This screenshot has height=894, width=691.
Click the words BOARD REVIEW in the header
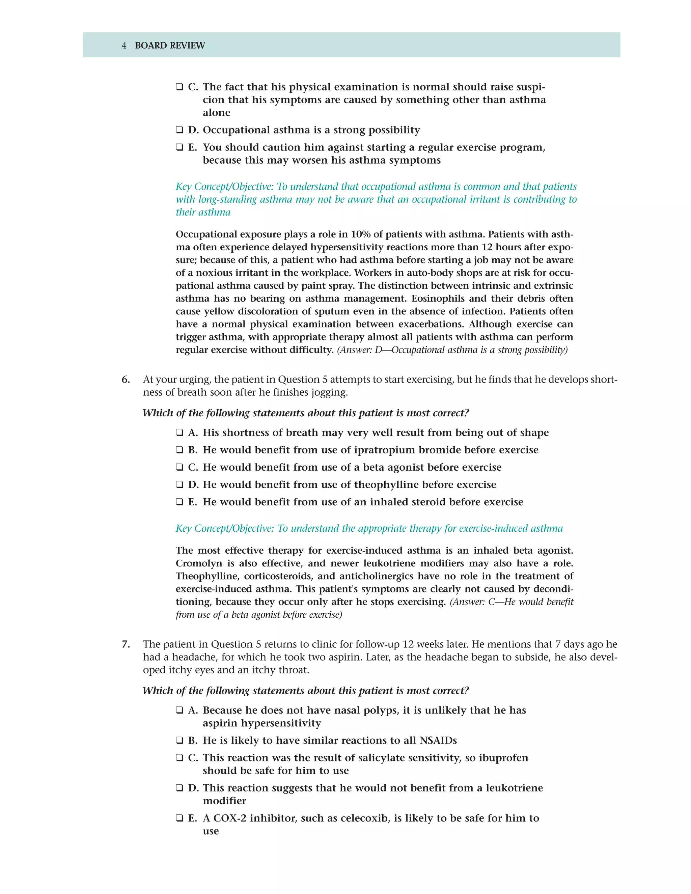tap(170, 46)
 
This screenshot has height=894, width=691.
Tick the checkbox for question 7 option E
tap(179, 818)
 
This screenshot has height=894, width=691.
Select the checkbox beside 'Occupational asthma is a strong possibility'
tap(179, 130)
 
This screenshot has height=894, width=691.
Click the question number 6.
tap(126, 380)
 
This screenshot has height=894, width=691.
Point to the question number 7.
tap(126, 644)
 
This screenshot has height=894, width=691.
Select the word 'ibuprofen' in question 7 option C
tap(503, 758)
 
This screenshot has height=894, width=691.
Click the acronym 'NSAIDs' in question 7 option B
tap(438, 741)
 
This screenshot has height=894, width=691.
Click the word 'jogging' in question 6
tap(329, 393)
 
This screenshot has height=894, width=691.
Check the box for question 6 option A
tap(179, 433)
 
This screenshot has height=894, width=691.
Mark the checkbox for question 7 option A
tap(179, 710)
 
